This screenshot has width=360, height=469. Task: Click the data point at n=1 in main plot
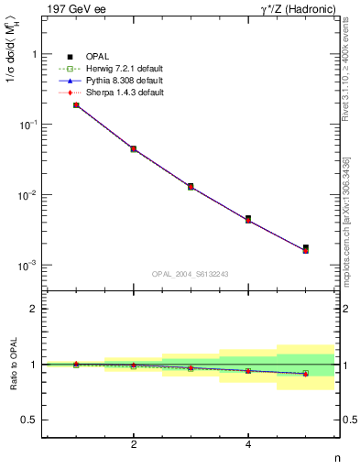[x=76, y=105]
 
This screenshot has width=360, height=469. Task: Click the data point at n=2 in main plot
[x=134, y=148]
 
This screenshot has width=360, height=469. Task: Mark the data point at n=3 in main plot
[x=191, y=186]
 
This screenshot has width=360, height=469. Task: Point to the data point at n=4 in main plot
[x=248, y=219]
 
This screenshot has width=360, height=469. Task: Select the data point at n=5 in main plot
[x=305, y=248]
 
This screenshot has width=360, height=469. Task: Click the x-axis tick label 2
[x=134, y=444]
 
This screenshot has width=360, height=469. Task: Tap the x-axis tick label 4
[x=248, y=444]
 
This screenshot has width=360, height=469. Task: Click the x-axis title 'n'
[x=336, y=458]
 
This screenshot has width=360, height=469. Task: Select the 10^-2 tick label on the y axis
[x=27, y=195]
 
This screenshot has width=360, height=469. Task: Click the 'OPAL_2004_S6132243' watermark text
[x=191, y=273]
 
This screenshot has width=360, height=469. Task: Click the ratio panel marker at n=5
[x=305, y=374]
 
